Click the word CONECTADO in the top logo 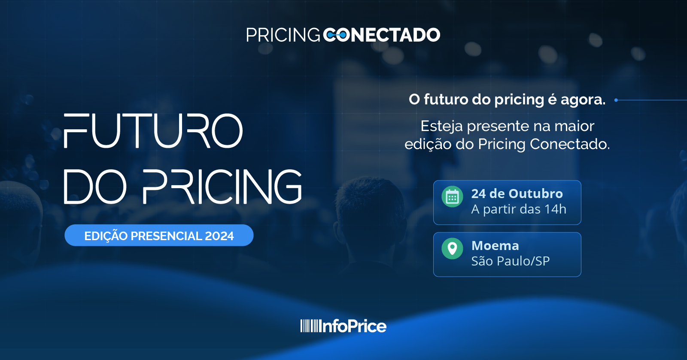coord(382,35)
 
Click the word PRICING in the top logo coord(283,35)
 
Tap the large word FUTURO coord(153,131)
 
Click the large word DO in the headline coord(95,186)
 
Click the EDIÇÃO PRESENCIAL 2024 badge coord(159,235)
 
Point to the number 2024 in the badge coord(219,236)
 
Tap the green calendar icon coord(452,197)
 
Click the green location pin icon coord(452,249)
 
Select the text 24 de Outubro coord(517,194)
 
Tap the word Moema coord(495,246)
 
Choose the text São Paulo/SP coord(511,261)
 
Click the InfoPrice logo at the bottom coord(343,326)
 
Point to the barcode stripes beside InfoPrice coord(309,326)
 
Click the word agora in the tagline coord(583,100)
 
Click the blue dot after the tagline coord(616,100)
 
